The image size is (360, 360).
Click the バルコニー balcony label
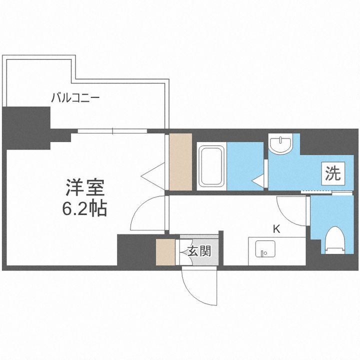[75, 97]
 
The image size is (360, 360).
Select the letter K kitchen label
[275, 229]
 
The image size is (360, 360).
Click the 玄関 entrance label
[199, 251]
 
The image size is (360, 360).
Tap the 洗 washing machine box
[332, 174]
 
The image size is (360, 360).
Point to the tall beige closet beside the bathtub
[180, 161]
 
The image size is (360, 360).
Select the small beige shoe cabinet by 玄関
[163, 252]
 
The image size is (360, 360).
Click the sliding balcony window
[112, 131]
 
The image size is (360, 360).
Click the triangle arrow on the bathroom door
[258, 180]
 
